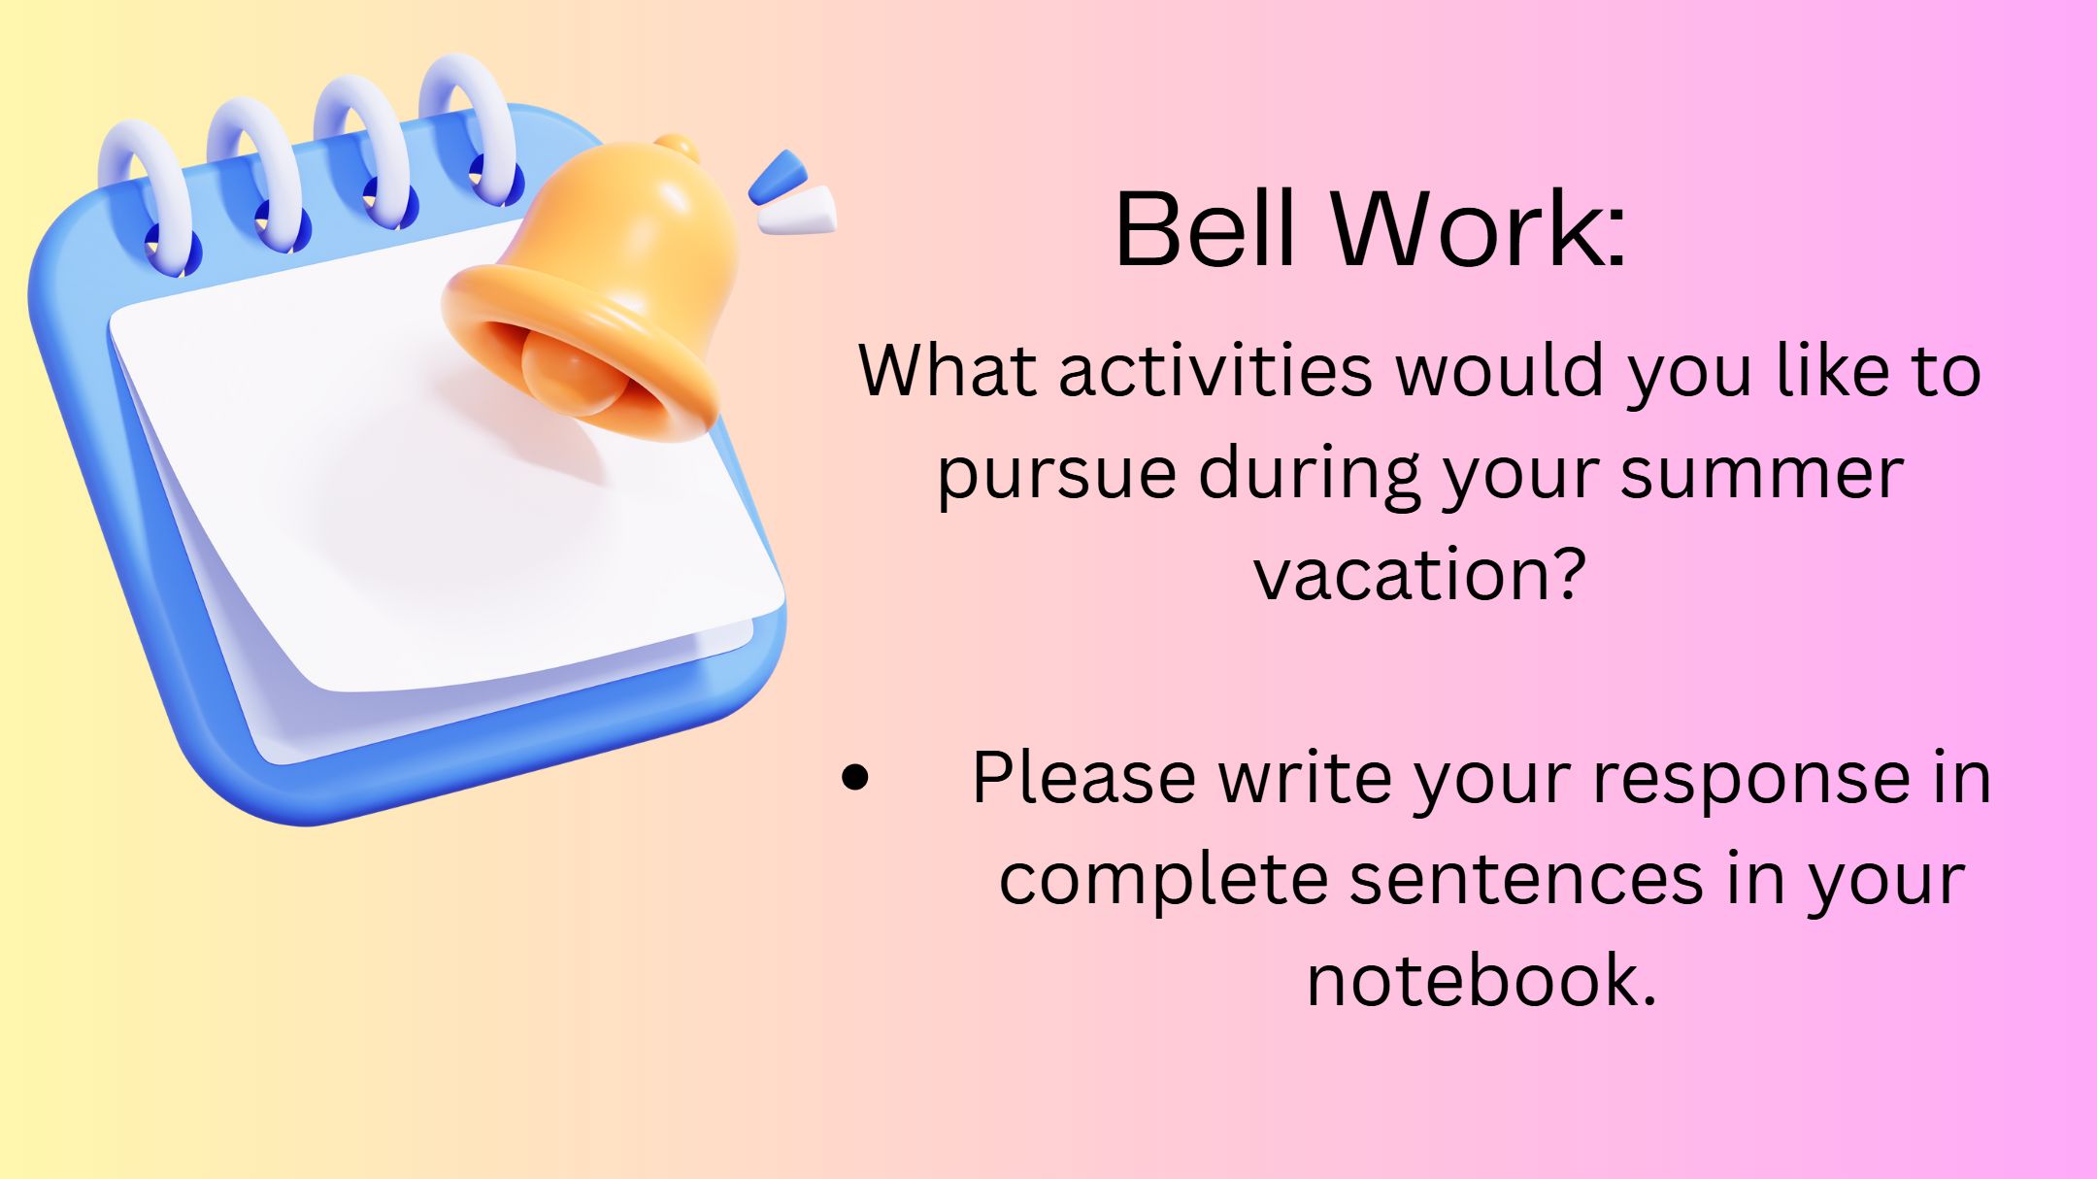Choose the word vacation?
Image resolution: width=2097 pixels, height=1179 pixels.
(1420, 575)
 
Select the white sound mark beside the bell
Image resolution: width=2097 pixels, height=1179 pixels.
(798, 211)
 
